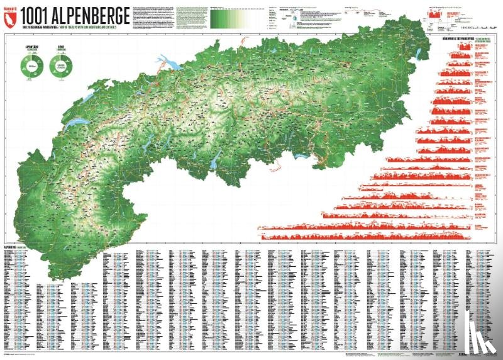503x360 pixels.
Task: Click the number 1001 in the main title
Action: point(36,16)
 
